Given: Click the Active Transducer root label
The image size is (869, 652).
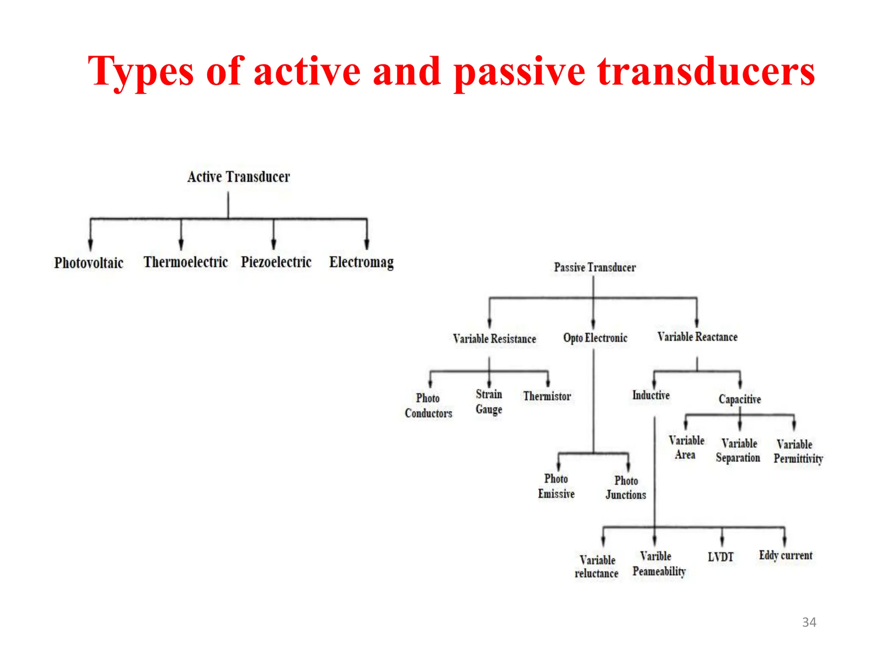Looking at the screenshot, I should point(238,177).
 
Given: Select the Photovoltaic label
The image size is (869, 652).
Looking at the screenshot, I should point(89,263).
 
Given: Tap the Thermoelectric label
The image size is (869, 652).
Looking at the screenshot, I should point(185,262).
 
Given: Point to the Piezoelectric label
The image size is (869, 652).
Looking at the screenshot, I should point(276,262).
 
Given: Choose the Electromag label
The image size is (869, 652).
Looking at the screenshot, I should point(361,262).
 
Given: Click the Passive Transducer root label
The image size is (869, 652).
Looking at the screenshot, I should point(594,267).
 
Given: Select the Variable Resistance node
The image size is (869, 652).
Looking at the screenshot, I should point(494,339).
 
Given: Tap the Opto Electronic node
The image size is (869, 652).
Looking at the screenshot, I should point(595,338).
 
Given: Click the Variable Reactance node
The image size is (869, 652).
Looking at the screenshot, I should point(697,337).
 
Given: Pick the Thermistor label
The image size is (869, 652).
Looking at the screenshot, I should point(547,396).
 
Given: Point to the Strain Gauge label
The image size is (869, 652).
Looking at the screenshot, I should point(489,402).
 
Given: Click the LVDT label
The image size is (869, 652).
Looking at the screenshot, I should point(720,557).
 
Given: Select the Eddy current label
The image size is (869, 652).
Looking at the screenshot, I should point(785,556).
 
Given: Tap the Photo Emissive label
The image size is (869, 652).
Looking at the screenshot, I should point(556,486).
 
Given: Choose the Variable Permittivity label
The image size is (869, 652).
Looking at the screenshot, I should point(798,451).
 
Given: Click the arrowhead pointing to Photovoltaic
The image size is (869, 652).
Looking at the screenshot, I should point(90,245).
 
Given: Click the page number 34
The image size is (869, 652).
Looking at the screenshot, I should point(809,622).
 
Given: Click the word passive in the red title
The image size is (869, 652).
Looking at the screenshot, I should point(519,72).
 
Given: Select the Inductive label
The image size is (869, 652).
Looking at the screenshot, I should point(651,395).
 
